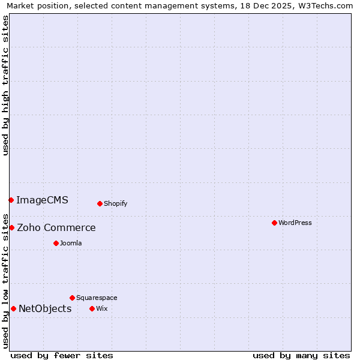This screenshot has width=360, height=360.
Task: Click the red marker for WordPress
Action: click(x=274, y=223)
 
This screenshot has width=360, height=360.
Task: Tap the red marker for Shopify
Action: click(x=100, y=203)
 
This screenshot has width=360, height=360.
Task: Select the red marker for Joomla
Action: click(x=56, y=243)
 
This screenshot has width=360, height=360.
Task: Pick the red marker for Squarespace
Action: click(x=72, y=298)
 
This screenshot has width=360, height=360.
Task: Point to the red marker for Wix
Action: click(x=92, y=308)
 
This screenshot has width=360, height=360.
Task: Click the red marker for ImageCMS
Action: click(x=11, y=200)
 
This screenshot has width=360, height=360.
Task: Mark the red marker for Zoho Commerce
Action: click(x=11, y=227)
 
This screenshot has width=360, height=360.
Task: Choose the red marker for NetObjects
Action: click(x=13, y=308)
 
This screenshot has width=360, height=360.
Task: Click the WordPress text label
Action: click(x=295, y=223)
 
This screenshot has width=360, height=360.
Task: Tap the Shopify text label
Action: click(x=116, y=203)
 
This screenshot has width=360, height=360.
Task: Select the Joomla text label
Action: click(x=71, y=243)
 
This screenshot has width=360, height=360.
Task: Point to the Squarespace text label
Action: click(x=97, y=298)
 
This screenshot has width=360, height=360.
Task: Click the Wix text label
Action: click(x=101, y=308)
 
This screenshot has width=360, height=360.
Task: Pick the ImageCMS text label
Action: click(x=42, y=200)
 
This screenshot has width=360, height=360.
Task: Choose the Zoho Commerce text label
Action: click(x=56, y=227)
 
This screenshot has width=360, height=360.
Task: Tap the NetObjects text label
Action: click(x=45, y=308)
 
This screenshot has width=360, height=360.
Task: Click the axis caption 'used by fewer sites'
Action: click(x=62, y=355)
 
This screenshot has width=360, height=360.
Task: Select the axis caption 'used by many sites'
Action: click(x=301, y=355)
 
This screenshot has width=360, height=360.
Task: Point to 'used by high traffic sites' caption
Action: click(x=5, y=85)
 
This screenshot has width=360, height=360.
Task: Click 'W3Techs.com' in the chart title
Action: click(x=323, y=5)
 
